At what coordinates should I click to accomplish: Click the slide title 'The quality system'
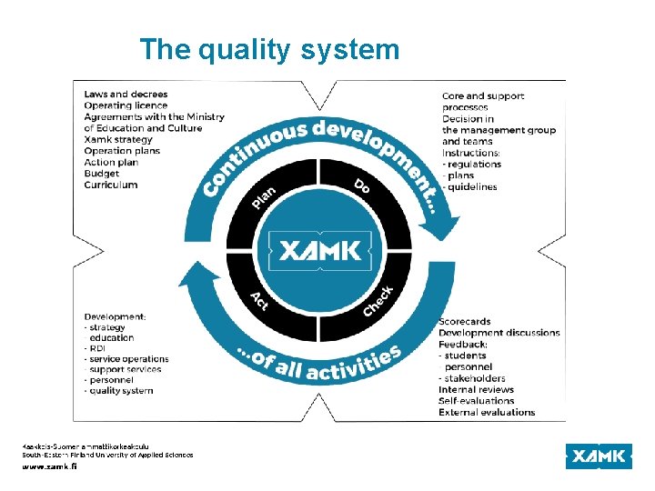[x=269, y=49]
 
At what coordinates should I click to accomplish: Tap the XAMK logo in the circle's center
[x=319, y=250]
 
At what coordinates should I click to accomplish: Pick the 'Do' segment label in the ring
[x=363, y=186]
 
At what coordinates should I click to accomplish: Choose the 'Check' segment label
[x=378, y=301]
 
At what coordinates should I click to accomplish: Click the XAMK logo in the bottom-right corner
[x=598, y=456]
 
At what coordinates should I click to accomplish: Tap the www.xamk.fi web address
[x=50, y=466]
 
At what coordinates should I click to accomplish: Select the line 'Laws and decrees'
[x=126, y=94]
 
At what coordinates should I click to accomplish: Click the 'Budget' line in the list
[x=102, y=174]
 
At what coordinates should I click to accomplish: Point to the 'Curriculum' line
[x=111, y=185]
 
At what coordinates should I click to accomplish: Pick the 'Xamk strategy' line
[x=118, y=139]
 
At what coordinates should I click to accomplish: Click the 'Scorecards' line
[x=465, y=321]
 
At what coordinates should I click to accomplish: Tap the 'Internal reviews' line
[x=477, y=389]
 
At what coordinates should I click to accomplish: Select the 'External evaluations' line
[x=487, y=412]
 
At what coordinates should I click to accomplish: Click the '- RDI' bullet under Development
[x=96, y=348]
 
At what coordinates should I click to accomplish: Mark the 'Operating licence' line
[x=126, y=105]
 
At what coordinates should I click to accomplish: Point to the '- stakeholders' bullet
[x=472, y=378]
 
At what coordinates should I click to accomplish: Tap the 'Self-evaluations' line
[x=477, y=401]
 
